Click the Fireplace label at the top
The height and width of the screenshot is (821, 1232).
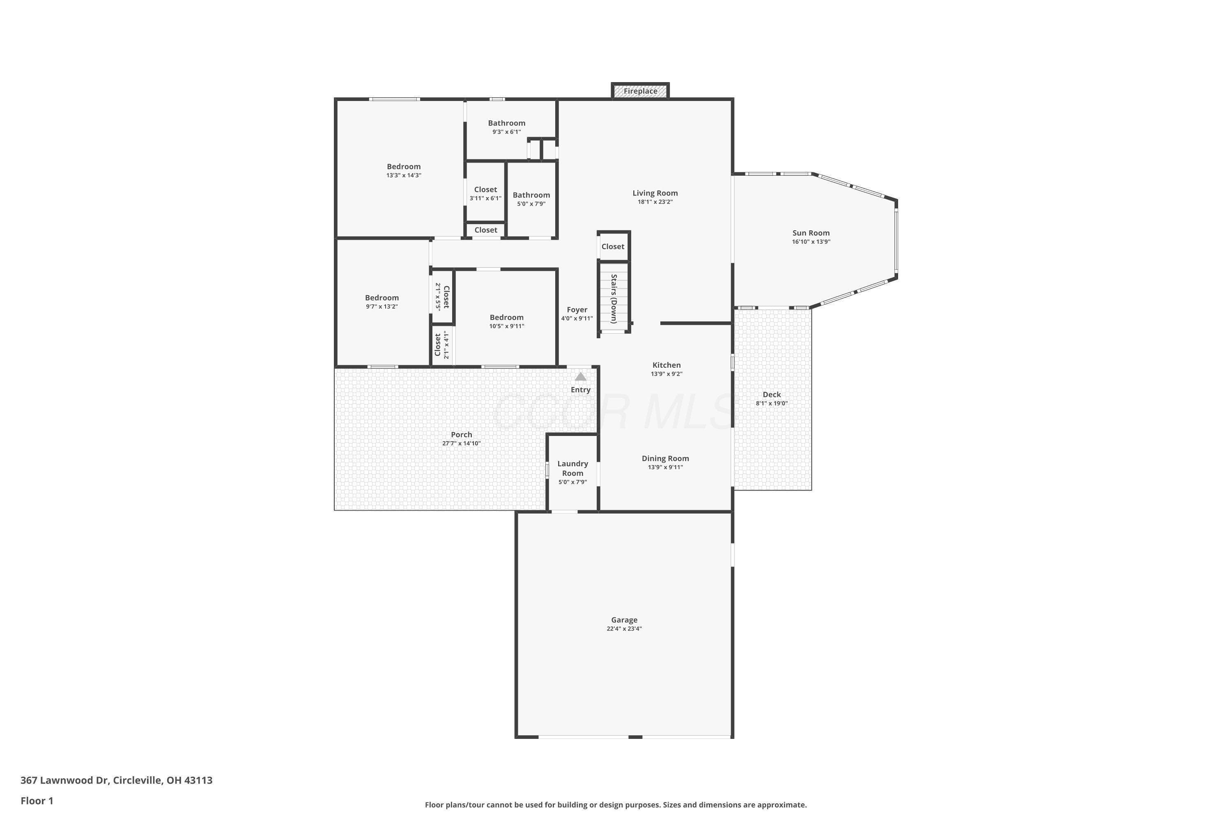pos(640,91)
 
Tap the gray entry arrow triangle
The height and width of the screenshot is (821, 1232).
pos(580,376)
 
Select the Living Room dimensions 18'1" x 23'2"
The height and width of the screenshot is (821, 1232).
pos(655,202)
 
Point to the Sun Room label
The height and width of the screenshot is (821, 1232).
pos(811,233)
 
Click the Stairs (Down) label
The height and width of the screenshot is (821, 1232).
pos(614,298)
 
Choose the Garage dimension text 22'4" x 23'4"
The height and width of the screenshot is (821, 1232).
pos(624,628)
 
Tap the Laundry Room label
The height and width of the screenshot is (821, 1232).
pos(572,468)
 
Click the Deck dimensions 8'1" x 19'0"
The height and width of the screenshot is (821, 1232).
pos(772,403)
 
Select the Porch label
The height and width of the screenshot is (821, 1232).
pos(462,435)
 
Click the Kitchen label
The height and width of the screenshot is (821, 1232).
pos(666,365)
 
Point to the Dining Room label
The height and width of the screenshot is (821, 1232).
pos(665,458)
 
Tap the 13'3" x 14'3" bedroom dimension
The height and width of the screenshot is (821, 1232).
pos(403,175)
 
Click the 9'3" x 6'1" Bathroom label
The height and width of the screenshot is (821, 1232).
pos(506,123)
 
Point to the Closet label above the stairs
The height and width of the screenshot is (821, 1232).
pos(613,247)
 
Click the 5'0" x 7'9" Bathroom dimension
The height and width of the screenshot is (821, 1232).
pos(531,204)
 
